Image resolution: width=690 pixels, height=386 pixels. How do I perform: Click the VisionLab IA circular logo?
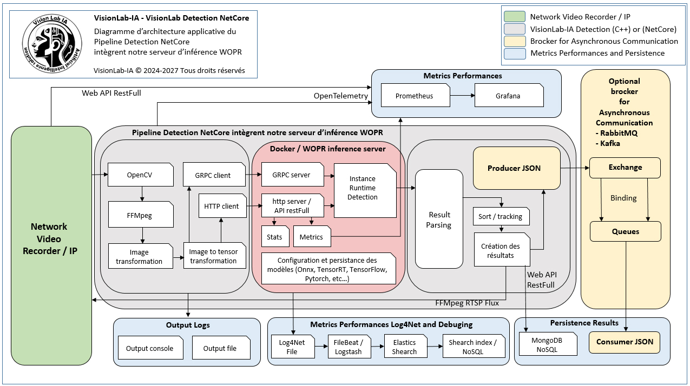pos(52,44)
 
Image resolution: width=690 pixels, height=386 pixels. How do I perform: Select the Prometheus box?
pos(415,96)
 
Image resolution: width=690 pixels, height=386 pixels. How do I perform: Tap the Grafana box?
pos(509,96)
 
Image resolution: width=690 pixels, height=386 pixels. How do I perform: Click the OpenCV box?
pos(141,175)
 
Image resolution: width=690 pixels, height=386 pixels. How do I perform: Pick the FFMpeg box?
pos(141,215)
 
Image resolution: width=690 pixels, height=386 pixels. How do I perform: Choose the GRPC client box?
pos(214,175)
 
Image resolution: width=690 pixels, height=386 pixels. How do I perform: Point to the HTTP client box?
pos(222,206)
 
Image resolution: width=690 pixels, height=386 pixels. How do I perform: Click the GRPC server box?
pos(293,175)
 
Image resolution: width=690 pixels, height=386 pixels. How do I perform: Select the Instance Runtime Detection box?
pos(365,190)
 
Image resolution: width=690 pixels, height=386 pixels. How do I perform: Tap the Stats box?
pos(275,236)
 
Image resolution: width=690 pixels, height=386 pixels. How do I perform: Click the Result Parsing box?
pos(439,219)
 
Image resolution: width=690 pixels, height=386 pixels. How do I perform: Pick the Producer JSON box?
pos(517,168)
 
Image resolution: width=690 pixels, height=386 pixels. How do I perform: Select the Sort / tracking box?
pos(501,216)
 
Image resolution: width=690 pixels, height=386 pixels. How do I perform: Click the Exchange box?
pos(625,168)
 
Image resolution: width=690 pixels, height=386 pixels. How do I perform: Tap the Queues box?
pos(625,231)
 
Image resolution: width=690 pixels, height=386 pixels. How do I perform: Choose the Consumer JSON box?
pos(625,342)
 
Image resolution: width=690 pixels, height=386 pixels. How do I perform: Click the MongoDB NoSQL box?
pos(548,344)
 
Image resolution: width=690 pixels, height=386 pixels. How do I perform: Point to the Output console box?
pos(150,348)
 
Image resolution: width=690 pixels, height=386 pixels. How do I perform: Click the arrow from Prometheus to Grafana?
pos(462,96)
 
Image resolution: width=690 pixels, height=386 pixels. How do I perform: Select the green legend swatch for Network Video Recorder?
pos(515,17)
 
